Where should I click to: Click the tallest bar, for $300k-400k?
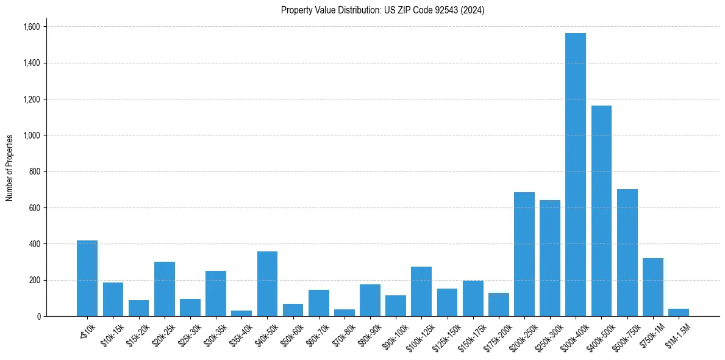pyautogui.click(x=575, y=175)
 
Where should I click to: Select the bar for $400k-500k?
pyautogui.click(x=601, y=211)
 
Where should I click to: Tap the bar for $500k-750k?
pyautogui.click(x=627, y=253)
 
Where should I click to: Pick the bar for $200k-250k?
pyautogui.click(x=524, y=254)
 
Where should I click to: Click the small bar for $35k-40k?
pyautogui.click(x=241, y=313)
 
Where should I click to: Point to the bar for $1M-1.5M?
pyautogui.click(x=678, y=312)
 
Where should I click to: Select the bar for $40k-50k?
pyautogui.click(x=267, y=284)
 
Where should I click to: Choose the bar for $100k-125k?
pyautogui.click(x=421, y=291)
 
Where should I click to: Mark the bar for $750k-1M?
pyautogui.click(x=652, y=287)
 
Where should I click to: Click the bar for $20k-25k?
pyautogui.click(x=164, y=289)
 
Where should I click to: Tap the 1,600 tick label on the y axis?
pyautogui.click(x=31, y=27)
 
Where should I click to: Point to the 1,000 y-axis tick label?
pyautogui.click(x=31, y=135)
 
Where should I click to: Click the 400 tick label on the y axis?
pyautogui.click(x=34, y=244)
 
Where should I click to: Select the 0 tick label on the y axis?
pyautogui.click(x=38, y=317)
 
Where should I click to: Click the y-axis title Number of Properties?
pyautogui.click(x=10, y=168)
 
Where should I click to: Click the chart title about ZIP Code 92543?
pyautogui.click(x=382, y=10)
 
